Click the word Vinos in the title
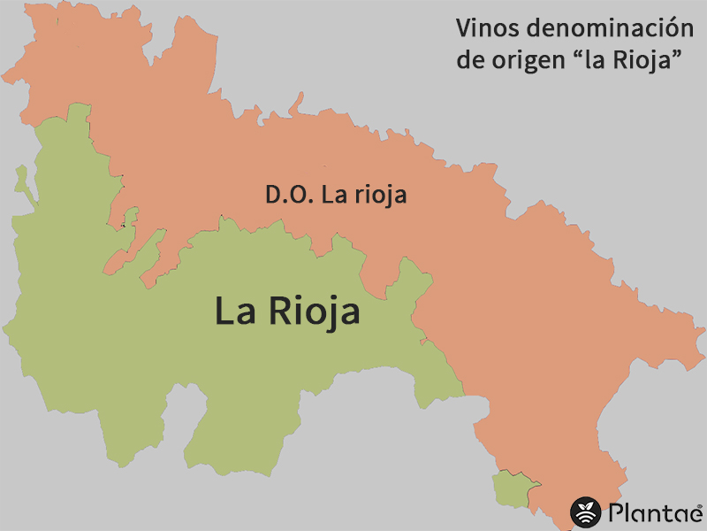tap(483, 27)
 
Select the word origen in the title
tap(528, 62)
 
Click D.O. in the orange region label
tap(289, 196)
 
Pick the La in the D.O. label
tap(333, 196)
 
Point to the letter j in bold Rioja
tap(326, 314)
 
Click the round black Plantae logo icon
tap(585, 512)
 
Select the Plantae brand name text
tap(652, 512)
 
